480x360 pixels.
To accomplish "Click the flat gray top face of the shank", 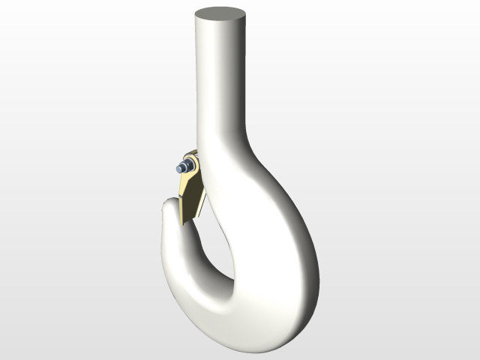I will pos(220,14).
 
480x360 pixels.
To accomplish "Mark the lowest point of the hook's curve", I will pos(259,348).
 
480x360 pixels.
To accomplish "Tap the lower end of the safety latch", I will pos(187,217).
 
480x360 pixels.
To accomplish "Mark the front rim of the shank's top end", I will pos(220,23).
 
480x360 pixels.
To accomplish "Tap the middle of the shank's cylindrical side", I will pos(220,82).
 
